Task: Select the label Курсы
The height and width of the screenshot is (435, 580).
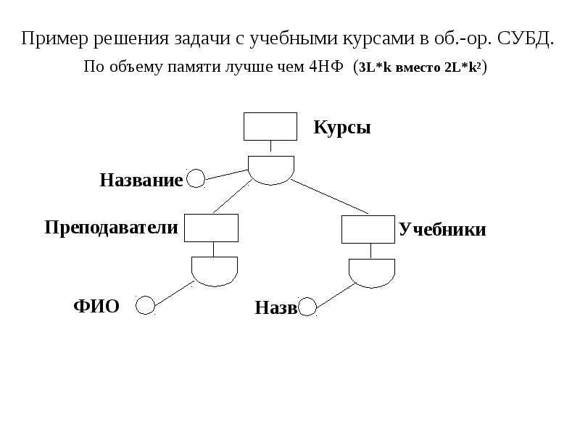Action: pyautogui.click(x=342, y=128)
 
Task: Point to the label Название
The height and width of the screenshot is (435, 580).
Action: pyautogui.click(x=141, y=180)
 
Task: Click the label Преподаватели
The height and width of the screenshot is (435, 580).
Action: pyautogui.click(x=112, y=228)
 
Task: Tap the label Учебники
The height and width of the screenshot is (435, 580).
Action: pyautogui.click(x=442, y=229)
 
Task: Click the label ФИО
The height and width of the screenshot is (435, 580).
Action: pyautogui.click(x=96, y=306)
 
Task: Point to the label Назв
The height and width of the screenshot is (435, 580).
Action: pyautogui.click(x=276, y=307)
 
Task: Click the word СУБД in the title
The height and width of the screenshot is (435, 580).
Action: pyautogui.click(x=526, y=38)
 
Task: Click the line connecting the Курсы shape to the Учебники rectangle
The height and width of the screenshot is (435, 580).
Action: pyautogui.click(x=330, y=196)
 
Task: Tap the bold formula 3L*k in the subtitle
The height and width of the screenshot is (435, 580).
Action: pyautogui.click(x=375, y=67)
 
